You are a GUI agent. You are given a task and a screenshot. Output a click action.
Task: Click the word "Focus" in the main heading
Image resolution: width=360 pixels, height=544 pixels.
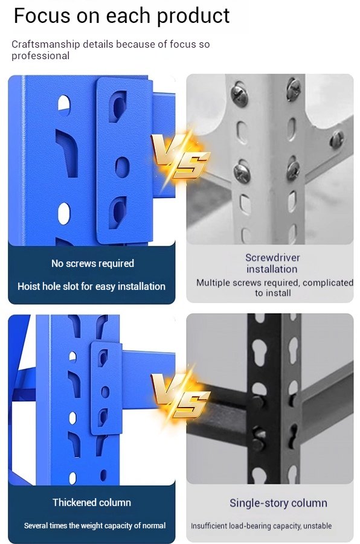coord(42,16)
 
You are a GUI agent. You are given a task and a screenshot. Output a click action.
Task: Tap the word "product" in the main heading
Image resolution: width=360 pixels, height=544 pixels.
coord(193,16)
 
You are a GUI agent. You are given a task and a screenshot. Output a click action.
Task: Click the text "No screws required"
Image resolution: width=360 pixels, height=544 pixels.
coord(92,263)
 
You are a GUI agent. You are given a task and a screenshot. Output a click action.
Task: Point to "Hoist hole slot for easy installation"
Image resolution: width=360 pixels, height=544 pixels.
coord(91,286)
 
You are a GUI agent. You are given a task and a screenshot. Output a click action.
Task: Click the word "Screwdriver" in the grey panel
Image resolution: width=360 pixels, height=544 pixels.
coord(272,257)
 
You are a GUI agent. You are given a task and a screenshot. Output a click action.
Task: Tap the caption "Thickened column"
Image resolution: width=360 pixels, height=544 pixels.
coord(92,502)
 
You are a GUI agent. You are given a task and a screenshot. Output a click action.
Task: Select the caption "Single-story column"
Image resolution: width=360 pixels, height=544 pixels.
coord(278,503)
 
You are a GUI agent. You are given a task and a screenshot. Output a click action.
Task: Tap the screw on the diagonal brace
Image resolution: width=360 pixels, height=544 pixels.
coord(336,139)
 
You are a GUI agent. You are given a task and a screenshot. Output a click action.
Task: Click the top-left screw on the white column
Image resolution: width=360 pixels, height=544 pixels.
coord(240,94)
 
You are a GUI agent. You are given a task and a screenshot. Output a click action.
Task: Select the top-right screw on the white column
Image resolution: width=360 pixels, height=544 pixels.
coord(294,89)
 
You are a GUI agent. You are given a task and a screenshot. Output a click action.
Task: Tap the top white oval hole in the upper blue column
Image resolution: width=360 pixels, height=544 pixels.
coord(64,105)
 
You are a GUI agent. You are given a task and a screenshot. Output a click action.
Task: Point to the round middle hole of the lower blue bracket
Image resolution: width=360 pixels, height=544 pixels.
coord(105,392)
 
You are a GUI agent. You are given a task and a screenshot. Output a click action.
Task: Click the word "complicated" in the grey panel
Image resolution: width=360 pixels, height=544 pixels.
coord(328,283)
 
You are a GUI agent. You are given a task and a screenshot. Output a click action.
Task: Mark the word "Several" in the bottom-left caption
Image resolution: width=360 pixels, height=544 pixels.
coord(36,526)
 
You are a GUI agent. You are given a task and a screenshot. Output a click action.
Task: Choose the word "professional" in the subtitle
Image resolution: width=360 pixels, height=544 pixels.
coord(40,56)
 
